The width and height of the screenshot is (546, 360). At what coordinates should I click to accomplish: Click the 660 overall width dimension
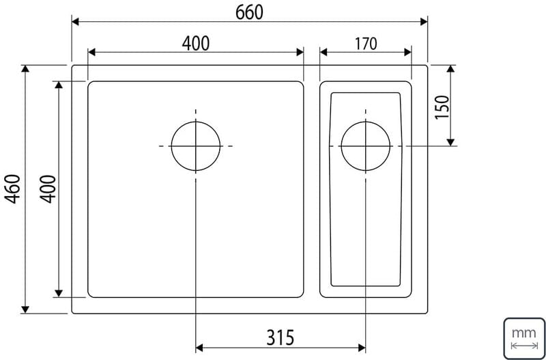(x=249, y=13)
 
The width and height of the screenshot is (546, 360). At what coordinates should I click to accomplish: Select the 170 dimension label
(x=366, y=44)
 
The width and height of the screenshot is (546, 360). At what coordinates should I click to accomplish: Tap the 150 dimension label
(x=442, y=107)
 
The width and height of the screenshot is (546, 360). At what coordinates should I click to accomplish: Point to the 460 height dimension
(x=14, y=189)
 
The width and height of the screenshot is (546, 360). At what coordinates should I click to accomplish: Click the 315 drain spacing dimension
(x=281, y=337)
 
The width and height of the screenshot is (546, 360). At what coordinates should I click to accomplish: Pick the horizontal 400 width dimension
(x=196, y=44)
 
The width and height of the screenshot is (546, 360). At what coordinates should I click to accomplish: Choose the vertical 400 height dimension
(x=48, y=189)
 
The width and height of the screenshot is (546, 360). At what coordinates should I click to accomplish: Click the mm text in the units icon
(x=523, y=333)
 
